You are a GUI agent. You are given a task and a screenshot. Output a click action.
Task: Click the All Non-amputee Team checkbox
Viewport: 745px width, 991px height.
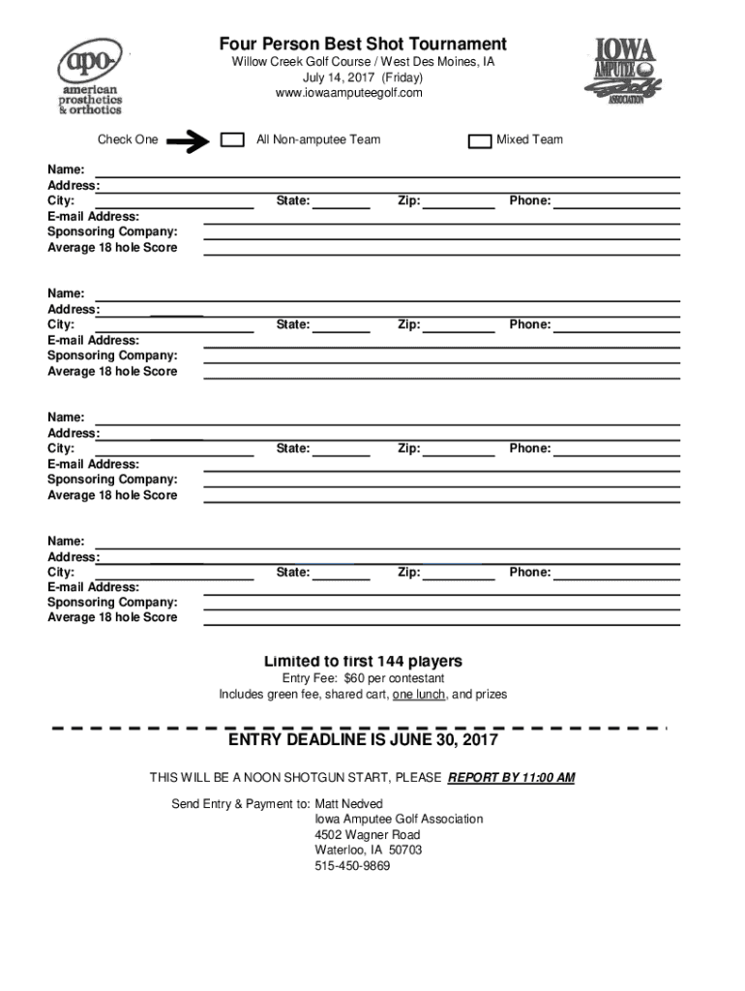232,140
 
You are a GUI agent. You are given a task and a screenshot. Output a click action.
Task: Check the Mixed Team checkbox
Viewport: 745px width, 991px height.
479,141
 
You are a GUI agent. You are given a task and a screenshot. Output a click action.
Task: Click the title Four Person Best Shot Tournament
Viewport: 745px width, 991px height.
363,45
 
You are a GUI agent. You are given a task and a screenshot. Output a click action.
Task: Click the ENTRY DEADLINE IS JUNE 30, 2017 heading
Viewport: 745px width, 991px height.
363,740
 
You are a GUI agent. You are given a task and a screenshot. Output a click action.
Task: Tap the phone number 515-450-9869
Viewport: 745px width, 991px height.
352,866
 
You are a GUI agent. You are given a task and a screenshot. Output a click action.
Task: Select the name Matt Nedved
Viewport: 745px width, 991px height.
348,804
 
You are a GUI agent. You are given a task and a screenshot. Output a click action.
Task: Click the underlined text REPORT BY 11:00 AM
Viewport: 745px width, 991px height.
512,778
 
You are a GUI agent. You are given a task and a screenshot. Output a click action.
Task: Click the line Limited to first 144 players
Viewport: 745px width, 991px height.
363,662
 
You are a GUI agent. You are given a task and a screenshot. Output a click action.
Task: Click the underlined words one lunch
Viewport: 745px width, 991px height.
419,695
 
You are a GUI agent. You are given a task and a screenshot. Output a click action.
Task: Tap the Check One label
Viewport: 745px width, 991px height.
128,140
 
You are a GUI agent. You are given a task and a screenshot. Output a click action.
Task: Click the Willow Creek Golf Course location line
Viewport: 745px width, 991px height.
363,62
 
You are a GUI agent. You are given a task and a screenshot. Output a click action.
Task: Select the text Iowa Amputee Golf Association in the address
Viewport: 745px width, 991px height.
399,820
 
